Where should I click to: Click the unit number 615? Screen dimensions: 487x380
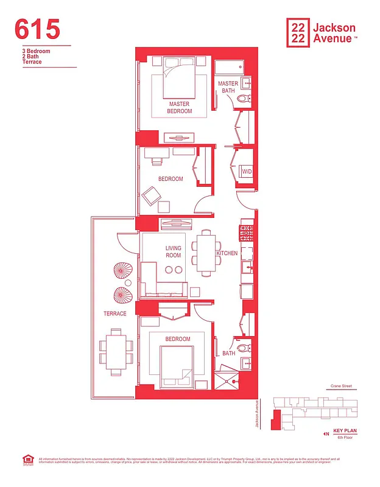37,29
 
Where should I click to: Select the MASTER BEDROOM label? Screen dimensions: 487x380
180,108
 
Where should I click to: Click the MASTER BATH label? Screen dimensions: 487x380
228,87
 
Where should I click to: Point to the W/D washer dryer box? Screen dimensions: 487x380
247,172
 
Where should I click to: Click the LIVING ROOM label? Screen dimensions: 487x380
174,251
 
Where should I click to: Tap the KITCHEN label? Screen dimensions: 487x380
226,253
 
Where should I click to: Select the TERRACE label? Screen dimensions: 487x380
114,314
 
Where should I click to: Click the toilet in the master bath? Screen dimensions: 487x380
244,99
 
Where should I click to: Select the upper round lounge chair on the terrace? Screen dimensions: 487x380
119,270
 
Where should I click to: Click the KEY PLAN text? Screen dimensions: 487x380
345,430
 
